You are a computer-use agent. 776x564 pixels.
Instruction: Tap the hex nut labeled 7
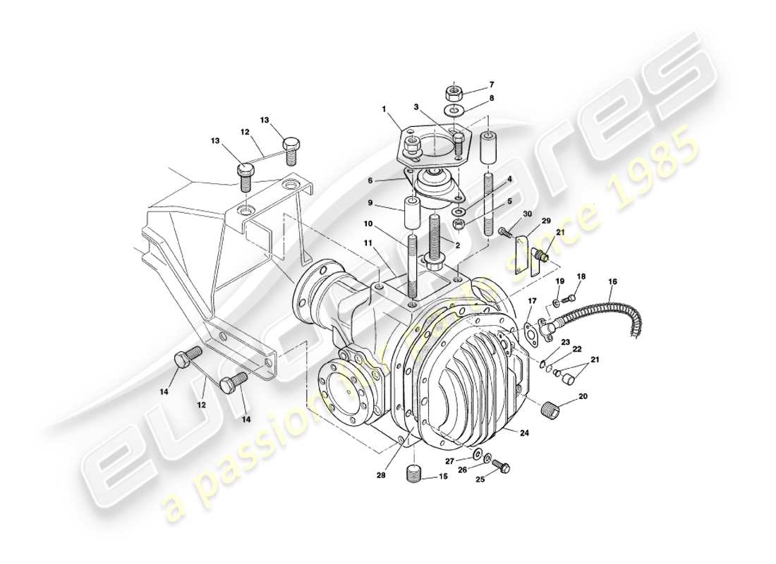click(x=453, y=92)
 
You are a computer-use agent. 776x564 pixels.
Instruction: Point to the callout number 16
click(x=612, y=282)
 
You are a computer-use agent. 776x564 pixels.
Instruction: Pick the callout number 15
click(x=443, y=477)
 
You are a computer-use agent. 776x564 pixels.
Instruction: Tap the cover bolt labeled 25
click(x=502, y=466)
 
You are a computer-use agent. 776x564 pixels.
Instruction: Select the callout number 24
click(x=524, y=434)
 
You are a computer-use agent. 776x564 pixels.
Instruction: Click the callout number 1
click(x=384, y=110)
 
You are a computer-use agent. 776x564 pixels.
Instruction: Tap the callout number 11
click(x=368, y=243)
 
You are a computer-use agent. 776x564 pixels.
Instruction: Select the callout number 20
click(x=583, y=397)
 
